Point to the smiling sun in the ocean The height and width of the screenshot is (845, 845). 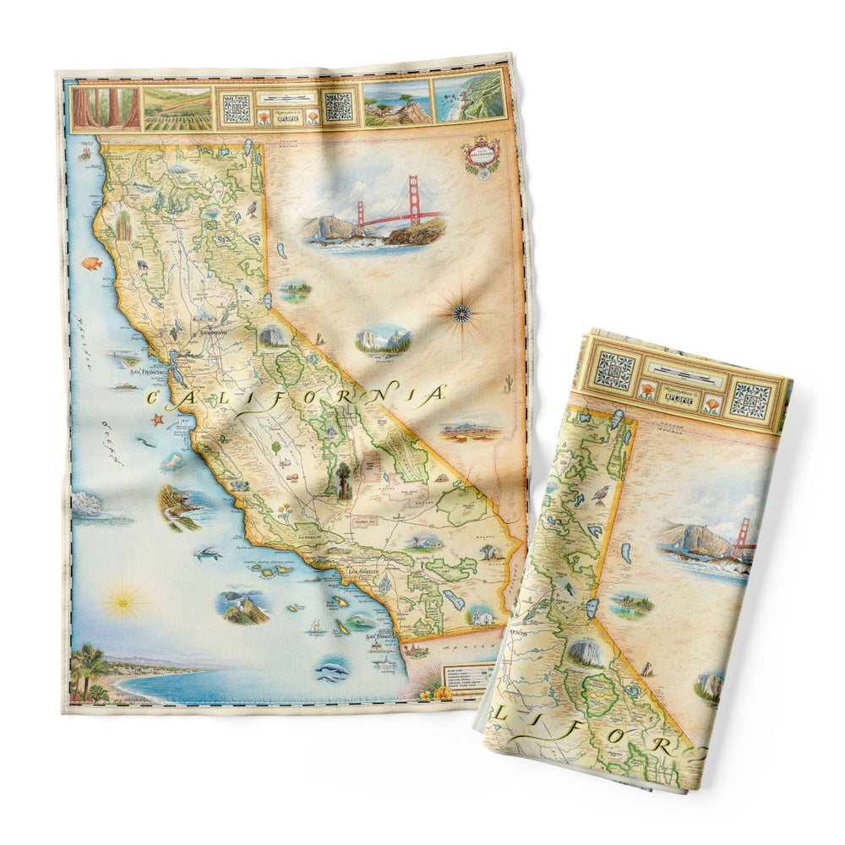(120, 602)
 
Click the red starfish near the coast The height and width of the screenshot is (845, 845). (156, 419)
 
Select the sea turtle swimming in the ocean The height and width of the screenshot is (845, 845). (206, 554)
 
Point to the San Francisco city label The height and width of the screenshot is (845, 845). (146, 369)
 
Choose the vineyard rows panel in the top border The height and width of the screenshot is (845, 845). (177, 108)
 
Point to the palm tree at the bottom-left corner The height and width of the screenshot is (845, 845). (88, 668)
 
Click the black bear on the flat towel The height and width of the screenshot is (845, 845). (142, 265)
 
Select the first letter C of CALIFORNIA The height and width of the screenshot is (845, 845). (156, 400)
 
